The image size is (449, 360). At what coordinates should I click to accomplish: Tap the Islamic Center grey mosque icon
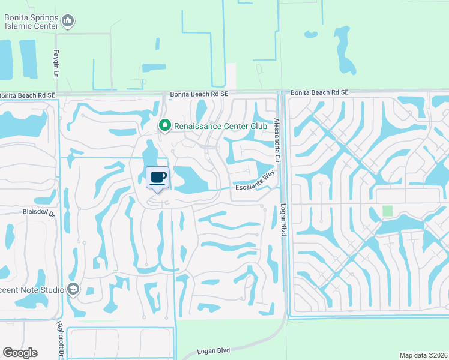pos(68,22)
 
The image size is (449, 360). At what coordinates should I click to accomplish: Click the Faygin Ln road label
pos(56,62)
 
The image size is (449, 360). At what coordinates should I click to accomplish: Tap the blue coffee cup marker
pos(158,178)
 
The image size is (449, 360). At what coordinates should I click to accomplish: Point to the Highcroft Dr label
pos(59,340)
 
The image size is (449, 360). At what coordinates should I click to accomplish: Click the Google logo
pos(20,353)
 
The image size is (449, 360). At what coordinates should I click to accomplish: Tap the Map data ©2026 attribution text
pos(423,355)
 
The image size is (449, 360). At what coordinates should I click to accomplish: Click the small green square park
pos(387,211)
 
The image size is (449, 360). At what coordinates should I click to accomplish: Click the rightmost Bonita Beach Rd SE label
pos(319,92)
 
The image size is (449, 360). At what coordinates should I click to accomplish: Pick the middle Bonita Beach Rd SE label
pos(199,94)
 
